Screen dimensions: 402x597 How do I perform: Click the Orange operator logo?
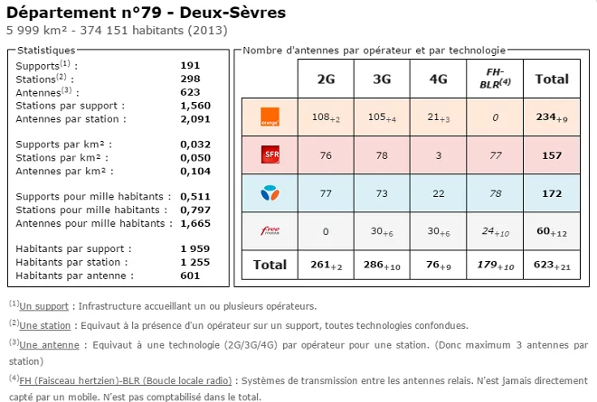pos(269,116)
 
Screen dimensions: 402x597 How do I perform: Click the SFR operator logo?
pos(269,156)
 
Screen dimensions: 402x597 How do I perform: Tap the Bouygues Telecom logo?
pos(269,192)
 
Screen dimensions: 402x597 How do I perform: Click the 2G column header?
pos(326,79)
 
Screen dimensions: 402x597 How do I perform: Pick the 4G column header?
pos(438,79)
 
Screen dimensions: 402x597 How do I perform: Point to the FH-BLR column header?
pos(494,79)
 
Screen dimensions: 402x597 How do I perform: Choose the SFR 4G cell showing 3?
pos(438,154)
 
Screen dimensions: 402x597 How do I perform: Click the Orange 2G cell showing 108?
pos(326,117)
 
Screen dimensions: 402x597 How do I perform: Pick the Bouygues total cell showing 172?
pos(552,192)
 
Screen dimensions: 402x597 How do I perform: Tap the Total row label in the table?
pos(269,265)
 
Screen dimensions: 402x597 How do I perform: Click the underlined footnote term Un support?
pos(42,306)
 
